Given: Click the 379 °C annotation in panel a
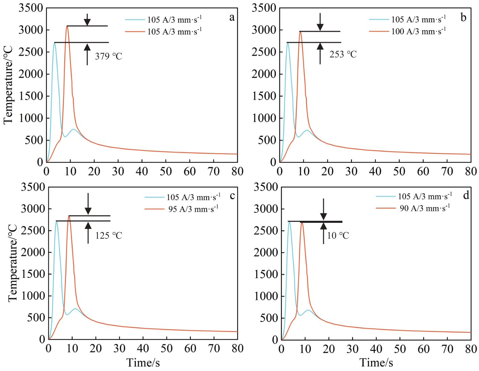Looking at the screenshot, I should pyautogui.click(x=108, y=56).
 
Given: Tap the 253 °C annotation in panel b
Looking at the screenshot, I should pyautogui.click(x=343, y=54).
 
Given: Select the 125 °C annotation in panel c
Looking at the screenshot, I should pyautogui.click(x=108, y=235).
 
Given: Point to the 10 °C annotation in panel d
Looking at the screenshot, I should pyautogui.click(x=338, y=235).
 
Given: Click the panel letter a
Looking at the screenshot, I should pyautogui.click(x=232, y=18).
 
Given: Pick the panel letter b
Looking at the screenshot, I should pyautogui.click(x=463, y=18).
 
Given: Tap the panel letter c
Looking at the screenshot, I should pyautogui.click(x=232, y=196).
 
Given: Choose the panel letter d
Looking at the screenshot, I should pyautogui.click(x=466, y=195).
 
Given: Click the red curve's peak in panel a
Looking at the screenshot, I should pyautogui.click(x=67, y=26).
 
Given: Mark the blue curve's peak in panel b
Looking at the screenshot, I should pyautogui.click(x=288, y=43).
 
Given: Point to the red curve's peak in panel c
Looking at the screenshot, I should pyautogui.click(x=69, y=216).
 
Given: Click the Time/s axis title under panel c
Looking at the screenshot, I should pyautogui.click(x=143, y=363).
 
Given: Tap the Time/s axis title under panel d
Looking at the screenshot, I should pyautogui.click(x=376, y=363).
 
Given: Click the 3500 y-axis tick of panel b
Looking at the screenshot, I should pyautogui.click(x=264, y=8).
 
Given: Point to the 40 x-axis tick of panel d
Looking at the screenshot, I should pyautogui.click(x=376, y=349).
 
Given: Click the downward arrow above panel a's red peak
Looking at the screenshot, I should pyautogui.click(x=87, y=20).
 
